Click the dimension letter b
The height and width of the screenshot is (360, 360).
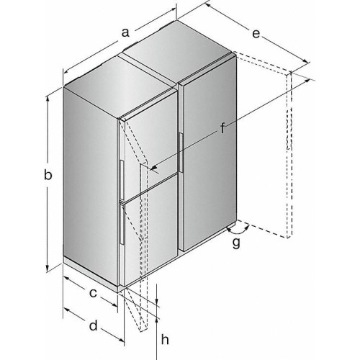[x=47, y=175]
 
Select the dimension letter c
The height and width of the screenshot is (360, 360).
[x=93, y=293]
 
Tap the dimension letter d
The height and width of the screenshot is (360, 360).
[x=94, y=326]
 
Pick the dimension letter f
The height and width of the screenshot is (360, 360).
[x=223, y=130]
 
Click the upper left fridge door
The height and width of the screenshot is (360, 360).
[x=148, y=144]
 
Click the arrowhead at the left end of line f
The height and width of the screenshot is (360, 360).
[x=153, y=168]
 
